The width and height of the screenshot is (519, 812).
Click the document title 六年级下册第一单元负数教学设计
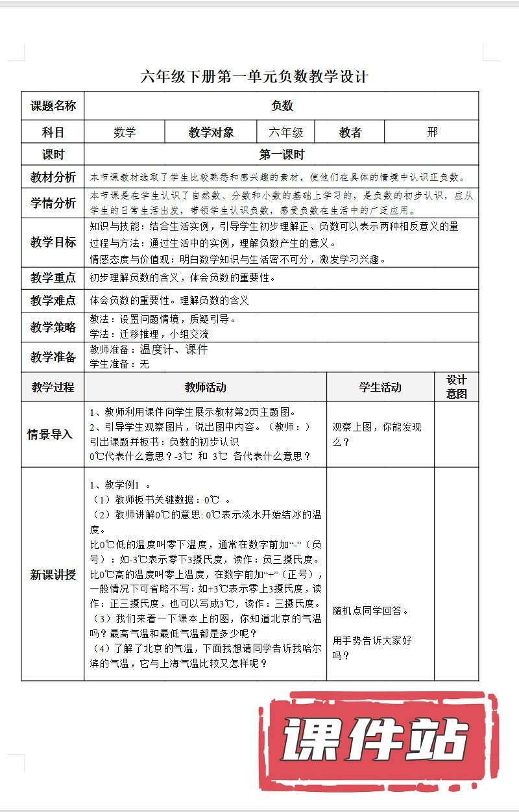click(x=254, y=77)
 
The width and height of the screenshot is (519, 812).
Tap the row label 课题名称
click(x=53, y=106)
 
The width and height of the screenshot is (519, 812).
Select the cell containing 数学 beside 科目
click(x=125, y=133)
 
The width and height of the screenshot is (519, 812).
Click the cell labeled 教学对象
click(x=211, y=133)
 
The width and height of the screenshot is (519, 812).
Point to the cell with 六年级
click(x=286, y=133)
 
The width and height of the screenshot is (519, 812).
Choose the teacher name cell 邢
click(x=432, y=133)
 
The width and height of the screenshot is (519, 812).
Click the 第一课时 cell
click(x=282, y=155)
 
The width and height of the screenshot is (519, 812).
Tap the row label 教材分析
click(x=53, y=177)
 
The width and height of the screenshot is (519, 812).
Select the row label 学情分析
click(x=53, y=203)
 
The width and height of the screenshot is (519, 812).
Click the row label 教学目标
click(x=53, y=242)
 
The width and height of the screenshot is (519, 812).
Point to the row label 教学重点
click(x=53, y=278)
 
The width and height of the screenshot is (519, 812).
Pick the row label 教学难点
click(x=53, y=301)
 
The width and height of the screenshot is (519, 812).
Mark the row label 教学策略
click(x=53, y=327)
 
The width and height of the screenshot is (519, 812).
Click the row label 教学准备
click(x=53, y=357)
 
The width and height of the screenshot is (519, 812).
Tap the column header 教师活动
click(x=205, y=387)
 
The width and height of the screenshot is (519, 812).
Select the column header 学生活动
click(x=380, y=387)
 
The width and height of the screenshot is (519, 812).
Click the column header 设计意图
click(x=457, y=387)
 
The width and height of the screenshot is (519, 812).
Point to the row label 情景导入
click(x=53, y=434)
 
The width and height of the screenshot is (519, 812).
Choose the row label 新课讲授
click(x=53, y=574)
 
